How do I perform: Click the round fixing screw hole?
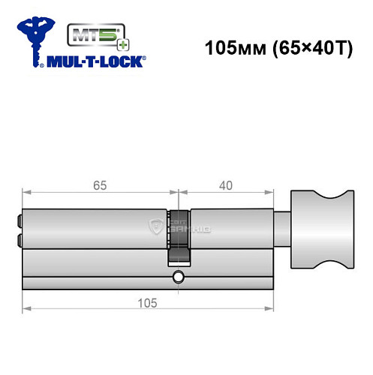(x=178, y=279)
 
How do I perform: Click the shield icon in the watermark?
(x=157, y=226)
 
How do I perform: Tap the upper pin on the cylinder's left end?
(x=17, y=222)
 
